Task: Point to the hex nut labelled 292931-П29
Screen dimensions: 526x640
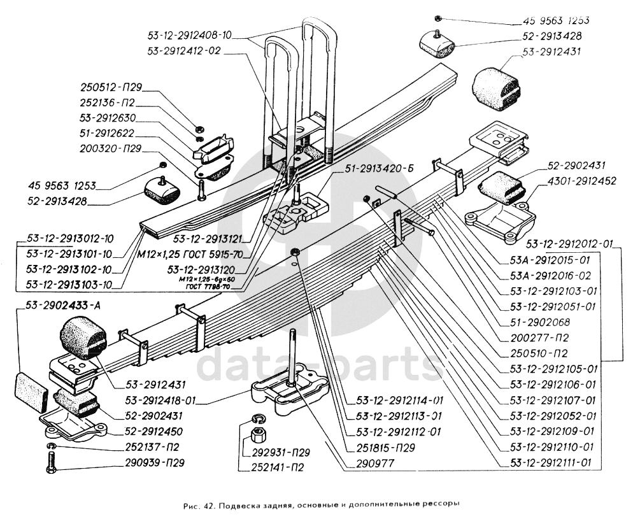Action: [x=259, y=437]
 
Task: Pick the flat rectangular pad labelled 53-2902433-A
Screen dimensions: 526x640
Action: [x=32, y=390]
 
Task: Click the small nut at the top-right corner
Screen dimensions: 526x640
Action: [x=437, y=18]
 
